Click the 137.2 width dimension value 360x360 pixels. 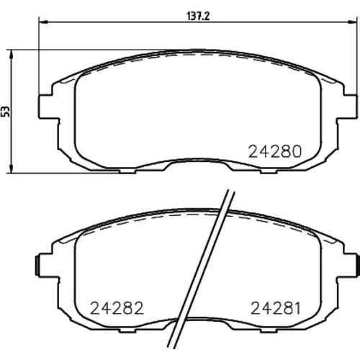[198, 17]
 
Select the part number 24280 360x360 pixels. [275, 151]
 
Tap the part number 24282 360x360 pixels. [117, 308]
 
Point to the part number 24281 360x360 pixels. [276, 308]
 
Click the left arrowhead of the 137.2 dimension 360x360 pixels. [42, 22]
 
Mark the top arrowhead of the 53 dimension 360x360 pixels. [11, 54]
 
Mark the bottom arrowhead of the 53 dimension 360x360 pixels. [11, 168]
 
